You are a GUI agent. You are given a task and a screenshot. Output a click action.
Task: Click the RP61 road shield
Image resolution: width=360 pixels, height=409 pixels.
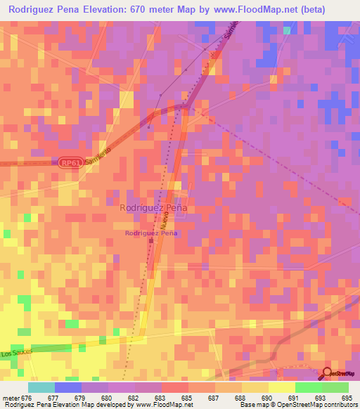tap(69, 162)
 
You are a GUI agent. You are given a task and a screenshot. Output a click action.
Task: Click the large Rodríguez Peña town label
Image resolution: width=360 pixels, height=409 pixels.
tap(153, 208)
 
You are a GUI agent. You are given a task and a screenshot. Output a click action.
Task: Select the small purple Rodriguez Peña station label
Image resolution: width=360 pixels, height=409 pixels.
tap(150, 233)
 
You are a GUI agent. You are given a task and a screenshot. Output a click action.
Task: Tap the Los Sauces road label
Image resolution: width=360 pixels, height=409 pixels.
tap(16, 353)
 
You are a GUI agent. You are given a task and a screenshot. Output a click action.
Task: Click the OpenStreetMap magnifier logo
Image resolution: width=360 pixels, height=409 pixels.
tap(328, 372)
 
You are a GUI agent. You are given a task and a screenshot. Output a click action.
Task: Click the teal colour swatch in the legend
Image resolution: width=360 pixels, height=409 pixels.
tap(41, 387)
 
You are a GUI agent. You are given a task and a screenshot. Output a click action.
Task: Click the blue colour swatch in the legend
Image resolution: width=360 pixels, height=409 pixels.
tap(68, 387)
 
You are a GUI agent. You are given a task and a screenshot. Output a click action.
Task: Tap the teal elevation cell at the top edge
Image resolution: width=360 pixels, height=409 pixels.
tap(287, 30)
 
